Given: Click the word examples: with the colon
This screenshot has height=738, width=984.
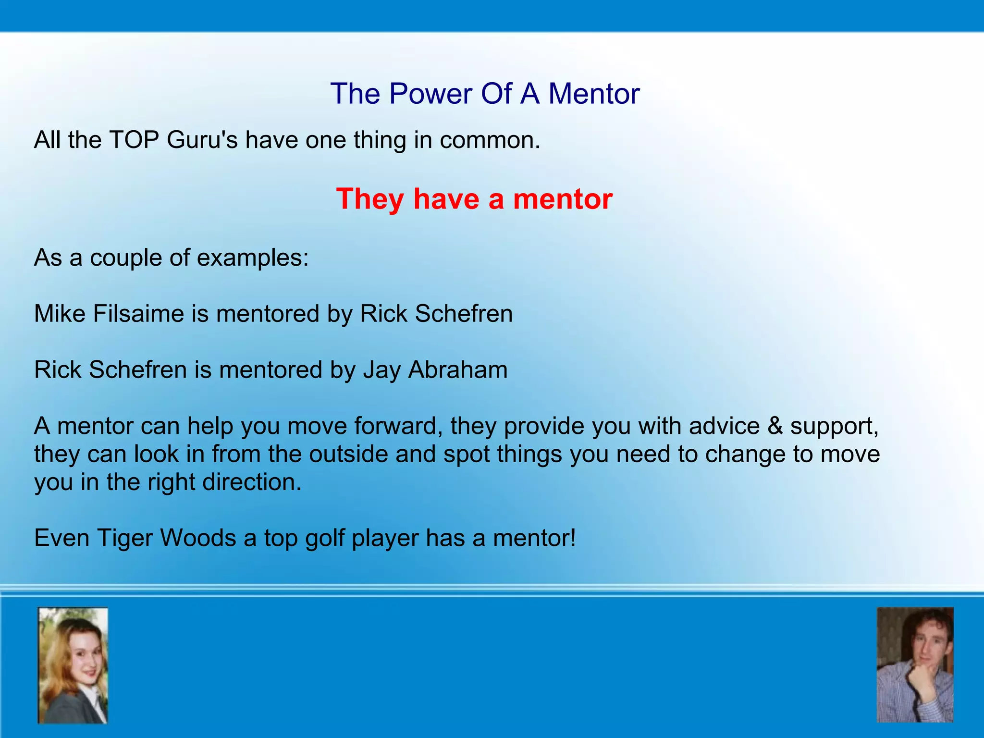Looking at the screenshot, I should (x=253, y=258).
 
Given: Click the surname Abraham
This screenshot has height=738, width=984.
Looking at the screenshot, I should (x=458, y=370).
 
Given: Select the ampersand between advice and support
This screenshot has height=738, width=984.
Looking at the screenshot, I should (x=775, y=426).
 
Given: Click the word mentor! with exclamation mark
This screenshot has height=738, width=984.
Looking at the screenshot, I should (x=534, y=538).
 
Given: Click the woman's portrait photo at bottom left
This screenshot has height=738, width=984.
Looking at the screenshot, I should (x=73, y=665).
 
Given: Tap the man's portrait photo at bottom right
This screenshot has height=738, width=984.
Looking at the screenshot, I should (x=915, y=665).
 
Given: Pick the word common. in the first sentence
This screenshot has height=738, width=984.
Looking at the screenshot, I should (x=490, y=140).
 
